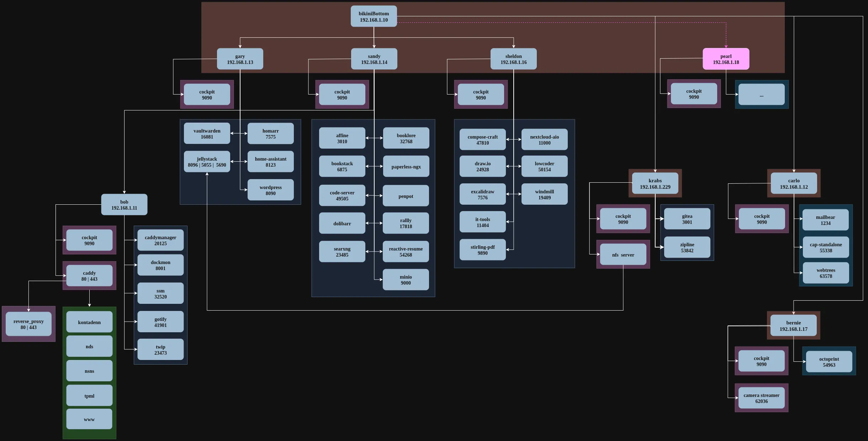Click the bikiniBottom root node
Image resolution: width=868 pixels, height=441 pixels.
(374, 16)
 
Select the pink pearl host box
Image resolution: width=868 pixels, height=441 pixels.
(726, 59)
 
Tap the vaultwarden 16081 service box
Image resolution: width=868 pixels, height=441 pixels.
(207, 134)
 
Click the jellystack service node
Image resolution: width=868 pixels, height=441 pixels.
(207, 162)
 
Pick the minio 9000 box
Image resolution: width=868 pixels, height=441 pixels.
(406, 280)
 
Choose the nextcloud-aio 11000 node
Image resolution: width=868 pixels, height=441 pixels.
(544, 140)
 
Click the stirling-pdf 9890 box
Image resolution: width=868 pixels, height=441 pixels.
(482, 250)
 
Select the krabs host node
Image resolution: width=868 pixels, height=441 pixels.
(655, 183)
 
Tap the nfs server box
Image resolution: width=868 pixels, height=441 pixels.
(623, 254)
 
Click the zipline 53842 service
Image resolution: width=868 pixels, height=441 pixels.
(687, 247)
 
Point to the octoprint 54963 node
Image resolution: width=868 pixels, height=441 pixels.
(829, 362)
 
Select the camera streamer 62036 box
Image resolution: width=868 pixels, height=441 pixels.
(761, 398)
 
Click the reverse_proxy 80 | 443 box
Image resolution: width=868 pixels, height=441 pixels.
(28, 324)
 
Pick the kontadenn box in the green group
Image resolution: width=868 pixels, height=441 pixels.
(89, 322)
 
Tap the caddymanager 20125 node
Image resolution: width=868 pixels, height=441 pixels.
(160, 240)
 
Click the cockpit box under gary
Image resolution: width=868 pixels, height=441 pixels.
(207, 95)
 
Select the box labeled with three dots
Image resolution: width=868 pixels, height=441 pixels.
(761, 95)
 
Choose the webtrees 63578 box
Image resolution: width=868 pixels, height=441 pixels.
(826, 273)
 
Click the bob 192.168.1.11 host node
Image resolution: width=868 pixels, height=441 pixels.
(124, 205)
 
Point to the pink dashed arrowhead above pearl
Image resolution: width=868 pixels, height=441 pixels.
(726, 46)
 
